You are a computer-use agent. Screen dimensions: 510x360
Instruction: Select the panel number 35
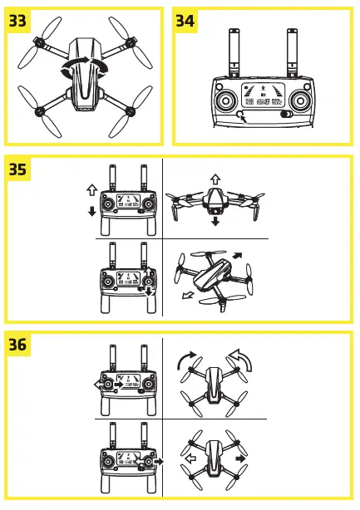(x=18, y=169)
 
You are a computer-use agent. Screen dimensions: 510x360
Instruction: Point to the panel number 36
(x=18, y=346)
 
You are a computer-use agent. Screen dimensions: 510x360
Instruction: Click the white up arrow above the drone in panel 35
(x=215, y=179)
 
